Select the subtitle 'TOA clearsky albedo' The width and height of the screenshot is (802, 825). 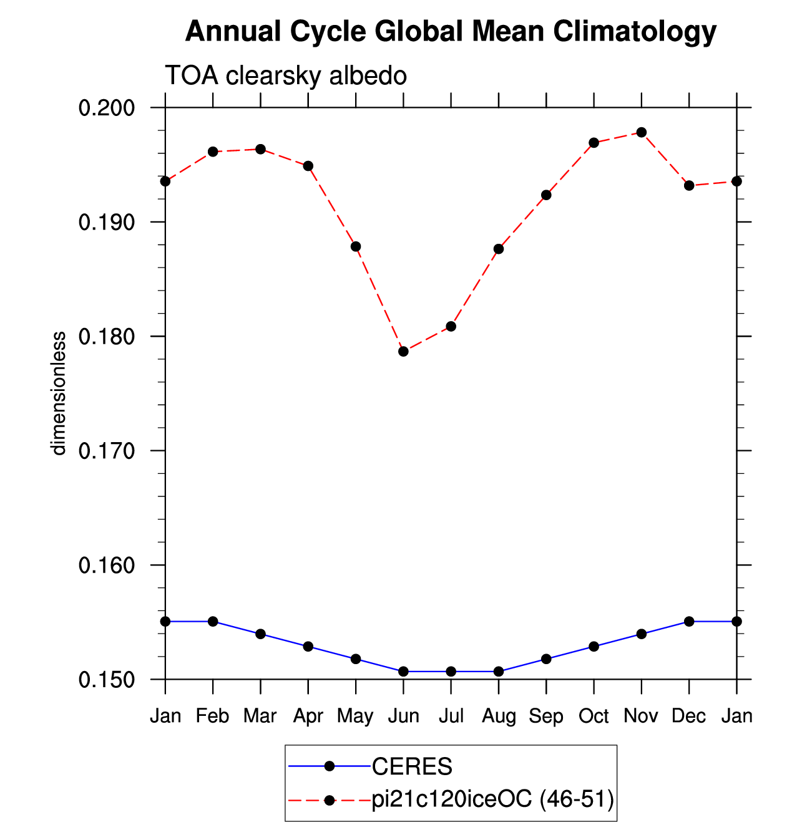[x=286, y=76]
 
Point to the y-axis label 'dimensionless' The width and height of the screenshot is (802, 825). [x=58, y=393]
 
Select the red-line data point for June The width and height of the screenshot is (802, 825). [x=403, y=352]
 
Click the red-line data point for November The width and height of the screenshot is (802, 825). [x=641, y=132]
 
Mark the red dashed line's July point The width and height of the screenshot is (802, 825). [x=451, y=326]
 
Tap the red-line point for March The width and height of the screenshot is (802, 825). [x=260, y=149]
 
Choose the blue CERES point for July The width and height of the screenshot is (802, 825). [x=451, y=672]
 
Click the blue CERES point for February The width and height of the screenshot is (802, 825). [x=213, y=622]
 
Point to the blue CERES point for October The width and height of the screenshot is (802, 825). [x=594, y=647]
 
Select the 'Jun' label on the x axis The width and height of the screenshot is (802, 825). [x=403, y=716]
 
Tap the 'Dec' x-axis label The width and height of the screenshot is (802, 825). [x=688, y=716]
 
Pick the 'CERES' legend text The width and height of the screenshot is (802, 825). [x=411, y=766]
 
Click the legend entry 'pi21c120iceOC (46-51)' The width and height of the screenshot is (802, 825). [x=492, y=800]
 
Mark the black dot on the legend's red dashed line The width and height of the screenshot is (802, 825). [x=330, y=800]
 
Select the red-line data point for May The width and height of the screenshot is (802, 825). [x=356, y=247]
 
